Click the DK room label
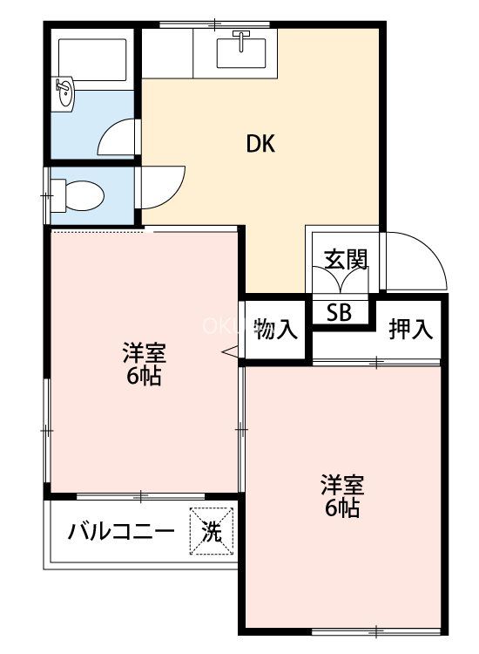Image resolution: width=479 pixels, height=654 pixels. [260, 144]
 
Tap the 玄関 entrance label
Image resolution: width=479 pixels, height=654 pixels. [346, 260]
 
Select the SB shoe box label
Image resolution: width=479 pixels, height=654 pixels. [339, 312]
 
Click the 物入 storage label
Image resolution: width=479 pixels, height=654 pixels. [276, 330]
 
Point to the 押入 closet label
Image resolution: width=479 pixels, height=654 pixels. [411, 329]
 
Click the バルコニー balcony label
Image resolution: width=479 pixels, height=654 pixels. [121, 532]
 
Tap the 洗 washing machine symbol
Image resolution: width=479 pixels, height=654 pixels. [212, 531]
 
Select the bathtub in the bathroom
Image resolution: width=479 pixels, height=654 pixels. [92, 59]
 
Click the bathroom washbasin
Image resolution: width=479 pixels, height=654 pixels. [64, 93]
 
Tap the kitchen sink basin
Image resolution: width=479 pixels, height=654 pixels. [241, 53]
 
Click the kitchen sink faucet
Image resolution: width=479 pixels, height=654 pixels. [241, 40]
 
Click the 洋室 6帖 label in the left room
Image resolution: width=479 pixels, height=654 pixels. [144, 364]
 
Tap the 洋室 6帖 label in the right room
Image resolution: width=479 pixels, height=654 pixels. [342, 495]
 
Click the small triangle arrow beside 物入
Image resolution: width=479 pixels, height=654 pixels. [232, 352]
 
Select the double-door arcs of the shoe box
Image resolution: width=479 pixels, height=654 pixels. [341, 279]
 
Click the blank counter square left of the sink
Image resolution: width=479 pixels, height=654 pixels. [167, 53]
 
